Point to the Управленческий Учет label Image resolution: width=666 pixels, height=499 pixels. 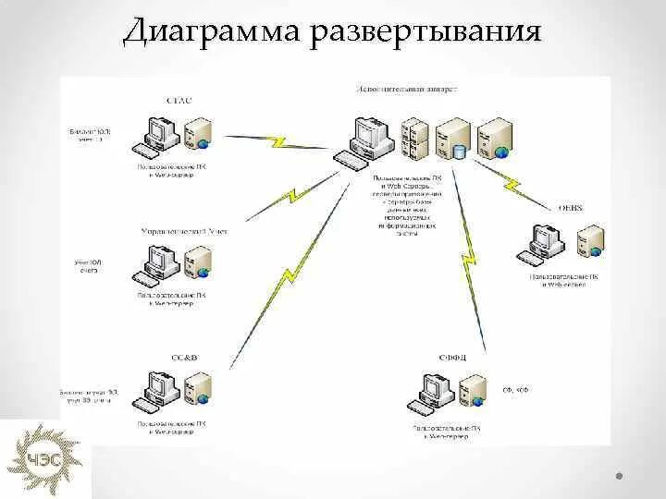tap(183, 231)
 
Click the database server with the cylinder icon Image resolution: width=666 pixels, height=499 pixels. tap(455, 139)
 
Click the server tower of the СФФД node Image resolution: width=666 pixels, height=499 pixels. tap(474, 392)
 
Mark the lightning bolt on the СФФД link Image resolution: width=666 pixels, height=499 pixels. tap(470, 249)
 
